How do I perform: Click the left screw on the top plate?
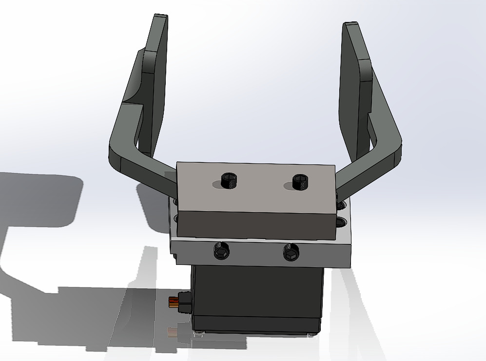click(x=228, y=180)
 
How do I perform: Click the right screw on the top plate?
click(x=301, y=182)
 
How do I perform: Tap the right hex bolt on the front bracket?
click(x=291, y=253)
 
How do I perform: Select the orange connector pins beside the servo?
click(x=172, y=302)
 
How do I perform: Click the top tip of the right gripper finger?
click(x=351, y=25)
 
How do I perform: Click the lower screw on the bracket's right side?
click(x=340, y=223)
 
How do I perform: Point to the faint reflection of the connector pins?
click(x=172, y=333)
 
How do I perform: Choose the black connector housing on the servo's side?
click(x=185, y=301)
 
